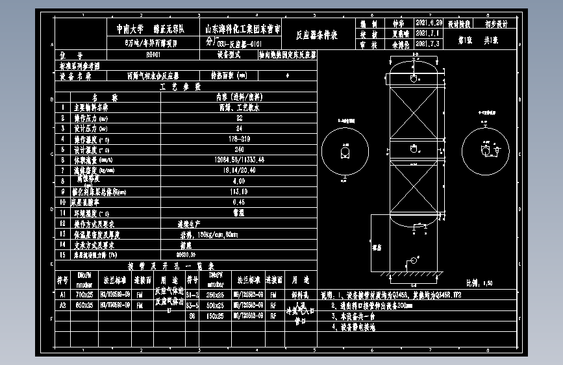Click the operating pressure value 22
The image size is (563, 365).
point(239,119)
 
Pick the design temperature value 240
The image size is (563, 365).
point(239,149)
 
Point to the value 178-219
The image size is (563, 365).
point(239,139)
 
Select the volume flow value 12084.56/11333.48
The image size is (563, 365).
point(239,159)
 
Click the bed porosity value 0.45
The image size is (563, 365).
point(239,202)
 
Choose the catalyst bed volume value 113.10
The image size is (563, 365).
point(239,192)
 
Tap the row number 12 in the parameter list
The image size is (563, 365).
point(63,223)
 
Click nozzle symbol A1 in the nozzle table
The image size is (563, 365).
point(63,294)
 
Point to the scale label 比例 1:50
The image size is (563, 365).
point(479,283)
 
